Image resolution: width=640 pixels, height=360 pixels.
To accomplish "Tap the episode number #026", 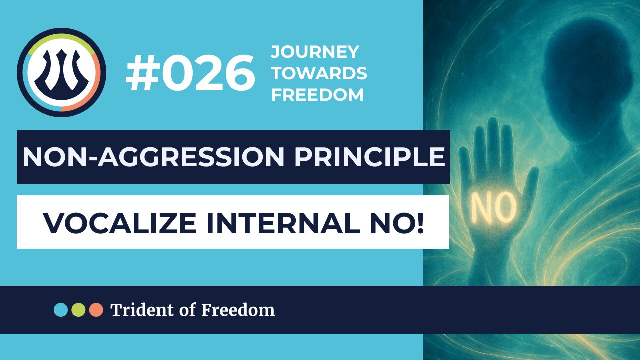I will click(190, 73).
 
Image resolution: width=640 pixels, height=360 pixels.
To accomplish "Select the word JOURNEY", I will click(315, 52).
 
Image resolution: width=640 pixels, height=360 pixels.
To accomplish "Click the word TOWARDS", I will click(319, 73).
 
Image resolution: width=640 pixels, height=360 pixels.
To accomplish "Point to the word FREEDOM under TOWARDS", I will click(317, 95).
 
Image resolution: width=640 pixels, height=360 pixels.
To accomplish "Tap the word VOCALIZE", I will click(120, 223).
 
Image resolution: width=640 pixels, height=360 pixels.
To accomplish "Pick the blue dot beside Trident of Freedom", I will click(61, 310).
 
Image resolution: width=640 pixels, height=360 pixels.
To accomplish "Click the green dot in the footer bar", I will click(78, 310).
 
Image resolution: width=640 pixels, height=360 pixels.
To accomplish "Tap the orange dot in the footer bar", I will click(96, 310).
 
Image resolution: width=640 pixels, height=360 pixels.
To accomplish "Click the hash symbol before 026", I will click(139, 73).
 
